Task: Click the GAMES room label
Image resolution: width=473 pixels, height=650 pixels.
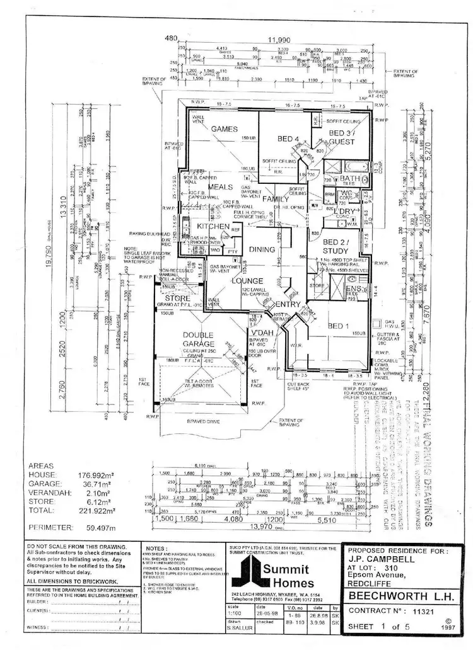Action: click(224, 128)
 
